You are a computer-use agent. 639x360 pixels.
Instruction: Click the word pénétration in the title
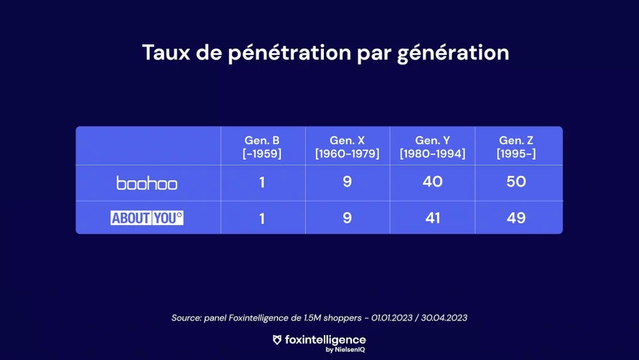point(290,54)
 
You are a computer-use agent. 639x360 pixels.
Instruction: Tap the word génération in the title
point(453,54)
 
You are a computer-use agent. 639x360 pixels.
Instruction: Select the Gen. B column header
point(262,147)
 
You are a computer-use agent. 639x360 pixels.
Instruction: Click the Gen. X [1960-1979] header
point(347,147)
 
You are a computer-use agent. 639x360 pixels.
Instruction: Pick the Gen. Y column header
point(432,147)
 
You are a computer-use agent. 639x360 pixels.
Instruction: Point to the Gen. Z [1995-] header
point(516,147)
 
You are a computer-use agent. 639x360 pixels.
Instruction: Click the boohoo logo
point(147,183)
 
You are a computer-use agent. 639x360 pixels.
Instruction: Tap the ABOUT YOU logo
point(147,218)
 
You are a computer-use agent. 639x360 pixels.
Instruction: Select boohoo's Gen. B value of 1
point(262,182)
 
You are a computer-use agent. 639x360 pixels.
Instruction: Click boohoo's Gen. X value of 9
point(347,182)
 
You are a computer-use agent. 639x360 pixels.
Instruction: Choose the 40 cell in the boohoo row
point(432,182)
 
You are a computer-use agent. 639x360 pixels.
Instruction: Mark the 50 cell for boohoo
point(516,182)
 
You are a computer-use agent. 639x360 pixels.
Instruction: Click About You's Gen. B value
point(262,218)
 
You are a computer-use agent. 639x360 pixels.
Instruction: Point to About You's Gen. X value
point(347,218)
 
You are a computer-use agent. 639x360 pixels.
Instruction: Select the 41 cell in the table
point(432,218)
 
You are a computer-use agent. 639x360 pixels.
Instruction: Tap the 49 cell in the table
point(516,218)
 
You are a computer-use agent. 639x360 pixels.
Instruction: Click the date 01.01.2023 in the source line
point(392,318)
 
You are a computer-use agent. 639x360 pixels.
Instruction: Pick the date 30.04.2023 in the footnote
point(444,318)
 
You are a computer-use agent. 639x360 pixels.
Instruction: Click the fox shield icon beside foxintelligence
point(277,340)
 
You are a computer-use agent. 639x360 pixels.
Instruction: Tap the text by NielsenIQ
point(345,350)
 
